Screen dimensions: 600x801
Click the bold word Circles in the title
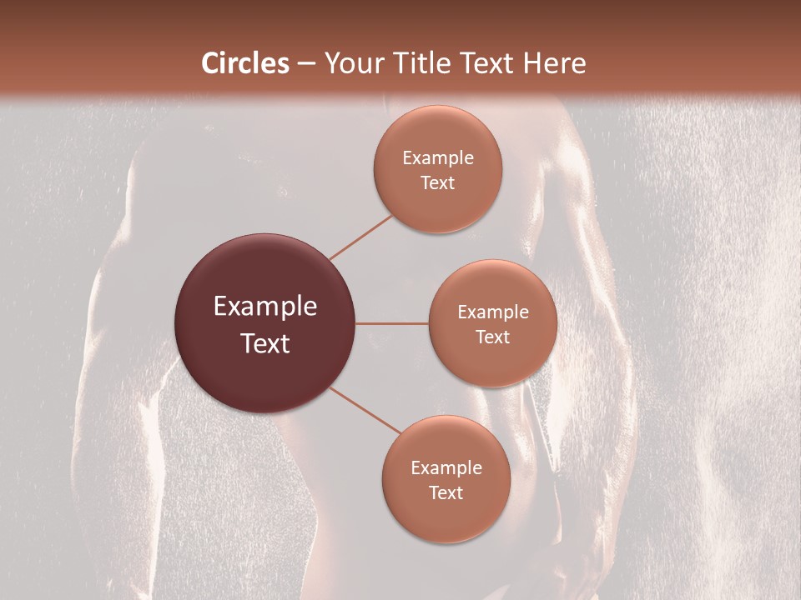[245, 63]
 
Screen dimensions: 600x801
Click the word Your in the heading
[354, 63]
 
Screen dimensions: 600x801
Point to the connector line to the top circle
[360, 237]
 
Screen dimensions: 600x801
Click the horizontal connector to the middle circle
[392, 323]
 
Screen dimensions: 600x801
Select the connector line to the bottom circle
[365, 409]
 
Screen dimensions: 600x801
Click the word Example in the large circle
[264, 307]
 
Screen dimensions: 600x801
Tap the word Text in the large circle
[264, 343]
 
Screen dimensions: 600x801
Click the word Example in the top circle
[437, 158]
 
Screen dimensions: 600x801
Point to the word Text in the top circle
[437, 182]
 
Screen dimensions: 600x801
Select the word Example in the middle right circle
[492, 312]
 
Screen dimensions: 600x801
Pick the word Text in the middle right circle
[492, 337]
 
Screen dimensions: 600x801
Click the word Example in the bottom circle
[446, 468]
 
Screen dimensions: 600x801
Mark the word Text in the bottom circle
[446, 492]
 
